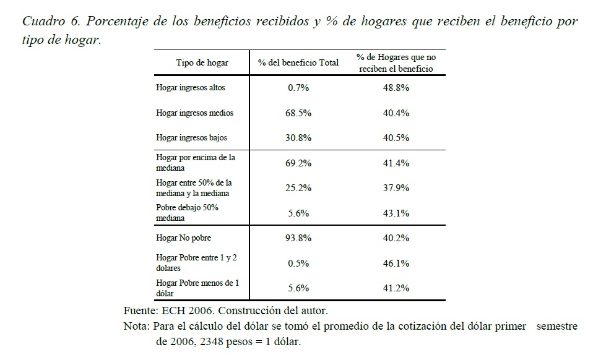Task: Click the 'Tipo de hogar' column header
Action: [202, 63]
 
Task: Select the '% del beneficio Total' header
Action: [298, 63]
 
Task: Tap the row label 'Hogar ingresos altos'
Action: [191, 88]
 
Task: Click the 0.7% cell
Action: [298, 88]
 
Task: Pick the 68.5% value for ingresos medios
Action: [298, 113]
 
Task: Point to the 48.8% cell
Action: [396, 88]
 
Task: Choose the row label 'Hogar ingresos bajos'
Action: [191, 138]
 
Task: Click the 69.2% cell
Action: [298, 163]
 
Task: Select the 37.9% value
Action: [396, 188]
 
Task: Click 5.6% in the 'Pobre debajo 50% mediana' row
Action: [298, 213]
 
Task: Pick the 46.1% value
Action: [396, 263]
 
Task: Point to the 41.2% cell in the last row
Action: [396, 288]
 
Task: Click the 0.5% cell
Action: [298, 263]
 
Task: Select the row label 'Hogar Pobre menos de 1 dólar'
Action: [197, 288]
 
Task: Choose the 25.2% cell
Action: [298, 188]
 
